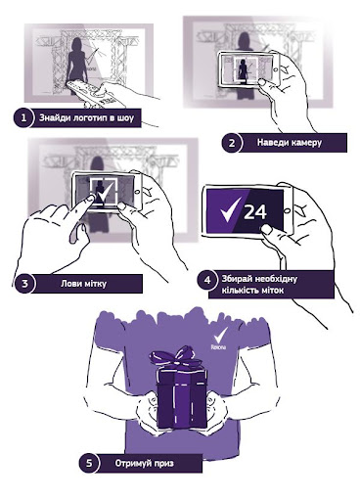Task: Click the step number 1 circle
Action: pyautogui.click(x=23, y=117)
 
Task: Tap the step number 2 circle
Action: pyautogui.click(x=232, y=143)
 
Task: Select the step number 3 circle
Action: pyautogui.click(x=24, y=284)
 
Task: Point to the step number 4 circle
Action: pyautogui.click(x=207, y=281)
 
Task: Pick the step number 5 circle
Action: pyautogui.click(x=89, y=463)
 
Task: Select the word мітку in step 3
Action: pyautogui.click(x=96, y=284)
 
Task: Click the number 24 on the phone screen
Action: pyautogui.click(x=255, y=212)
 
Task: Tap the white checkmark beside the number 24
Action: pyautogui.click(x=231, y=209)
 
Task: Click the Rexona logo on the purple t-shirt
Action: pyautogui.click(x=219, y=340)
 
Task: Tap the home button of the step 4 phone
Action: pyautogui.click(x=288, y=210)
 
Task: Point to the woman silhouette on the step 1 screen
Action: pyautogui.click(x=77, y=65)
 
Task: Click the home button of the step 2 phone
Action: pyautogui.click(x=276, y=69)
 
